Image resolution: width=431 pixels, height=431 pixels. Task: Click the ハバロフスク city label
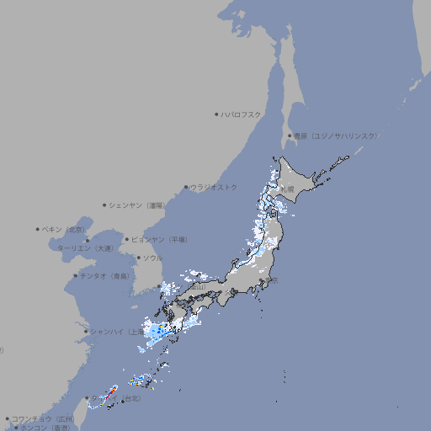(242, 114)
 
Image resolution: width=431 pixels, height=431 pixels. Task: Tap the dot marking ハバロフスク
(216, 114)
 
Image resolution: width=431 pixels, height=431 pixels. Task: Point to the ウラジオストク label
(215, 187)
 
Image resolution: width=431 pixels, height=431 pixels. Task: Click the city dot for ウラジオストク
(186, 187)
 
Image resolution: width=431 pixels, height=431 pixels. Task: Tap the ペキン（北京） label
(65, 229)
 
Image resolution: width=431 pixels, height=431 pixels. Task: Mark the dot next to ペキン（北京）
(38, 229)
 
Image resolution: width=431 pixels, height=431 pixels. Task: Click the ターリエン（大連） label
(86, 248)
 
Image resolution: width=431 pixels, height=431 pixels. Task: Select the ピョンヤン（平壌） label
(160, 239)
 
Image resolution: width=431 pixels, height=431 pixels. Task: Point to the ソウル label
(152, 258)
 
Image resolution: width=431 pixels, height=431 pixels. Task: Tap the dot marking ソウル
(137, 258)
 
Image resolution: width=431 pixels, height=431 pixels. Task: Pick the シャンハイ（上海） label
(116, 332)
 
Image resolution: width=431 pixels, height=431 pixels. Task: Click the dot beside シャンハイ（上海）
(86, 332)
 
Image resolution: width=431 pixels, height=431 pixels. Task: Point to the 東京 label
(272, 280)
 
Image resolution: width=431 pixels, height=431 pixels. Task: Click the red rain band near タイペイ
(110, 392)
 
